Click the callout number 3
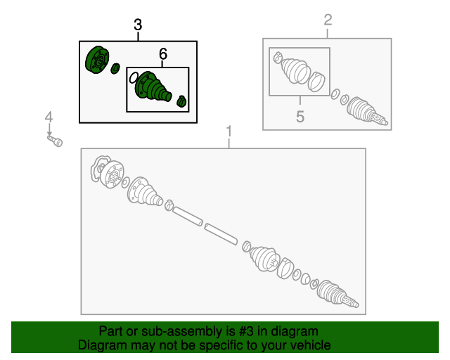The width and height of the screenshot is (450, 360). pos(138,25)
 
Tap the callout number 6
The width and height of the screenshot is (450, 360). pos(163,53)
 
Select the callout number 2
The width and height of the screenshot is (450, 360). pos(328,20)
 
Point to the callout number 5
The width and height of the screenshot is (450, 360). pos(300,117)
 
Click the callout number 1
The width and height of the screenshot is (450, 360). pos(229,131)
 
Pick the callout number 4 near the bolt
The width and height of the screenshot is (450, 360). pos(49,116)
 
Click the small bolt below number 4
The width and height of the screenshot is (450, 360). pos(56,141)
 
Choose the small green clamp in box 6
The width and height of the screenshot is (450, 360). pos(182,101)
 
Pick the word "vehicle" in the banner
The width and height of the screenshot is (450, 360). pos(307,345)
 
